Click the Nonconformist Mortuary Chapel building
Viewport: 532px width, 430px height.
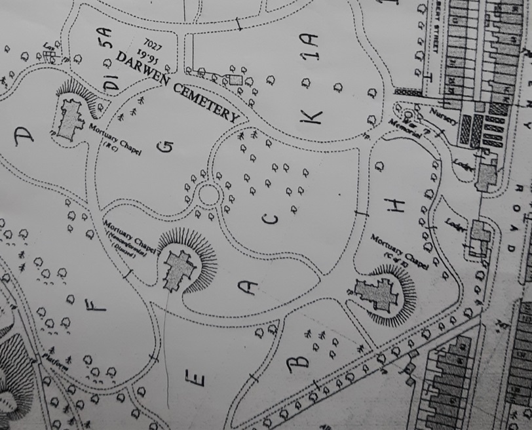click(179, 270)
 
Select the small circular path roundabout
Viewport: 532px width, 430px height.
click(208, 195)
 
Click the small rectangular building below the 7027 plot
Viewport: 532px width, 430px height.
click(235, 80)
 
